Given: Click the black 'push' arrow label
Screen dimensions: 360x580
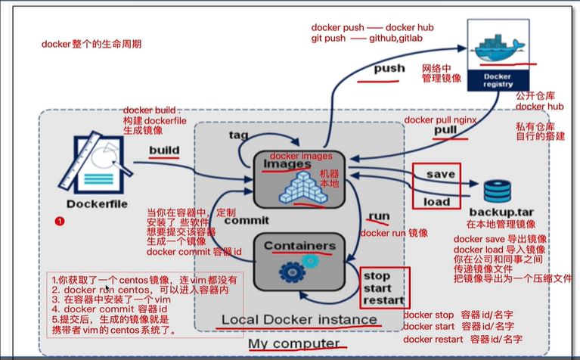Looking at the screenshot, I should point(390,70).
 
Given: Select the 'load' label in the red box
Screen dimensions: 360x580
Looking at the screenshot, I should point(437,202).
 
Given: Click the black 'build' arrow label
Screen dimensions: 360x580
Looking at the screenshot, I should point(164,150).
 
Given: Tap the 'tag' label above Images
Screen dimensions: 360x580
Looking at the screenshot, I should point(239,135).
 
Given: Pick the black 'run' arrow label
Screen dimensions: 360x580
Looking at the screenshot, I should point(378,217).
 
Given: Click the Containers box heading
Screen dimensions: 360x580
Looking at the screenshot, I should point(299,246).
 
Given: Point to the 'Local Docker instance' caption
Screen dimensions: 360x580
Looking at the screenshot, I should point(299,321).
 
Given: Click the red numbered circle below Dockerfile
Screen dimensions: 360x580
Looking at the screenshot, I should point(60,221).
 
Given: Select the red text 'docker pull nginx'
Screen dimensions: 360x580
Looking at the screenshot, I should point(442,120).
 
